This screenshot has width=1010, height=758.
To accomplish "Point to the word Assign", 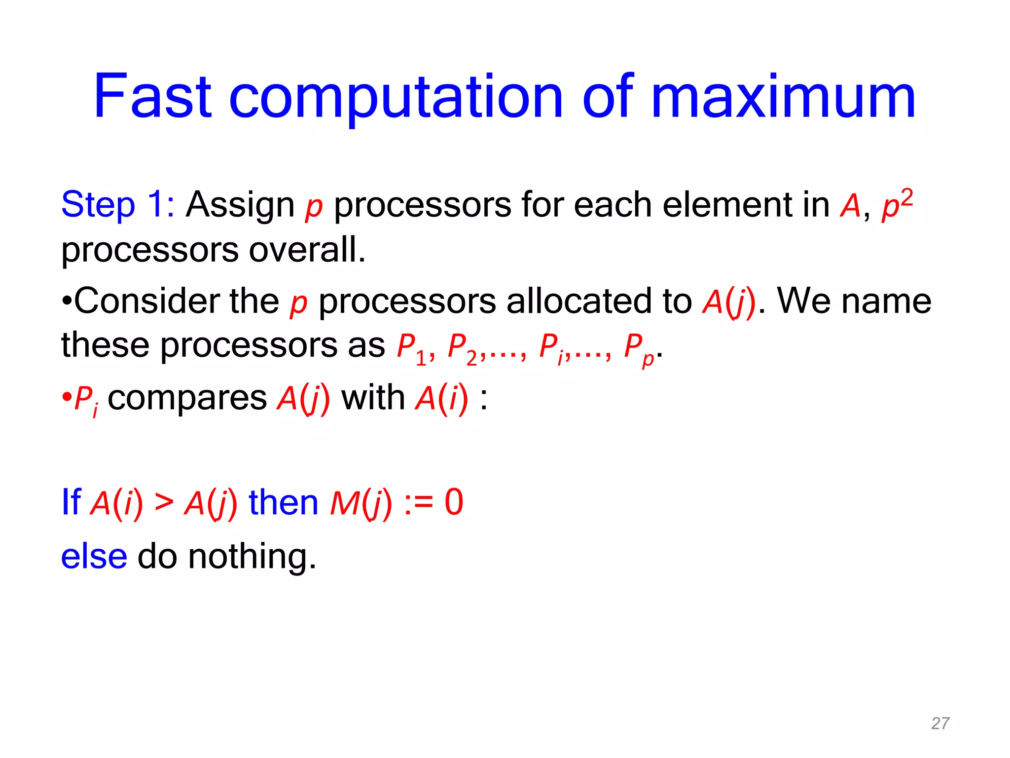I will click(x=240, y=205).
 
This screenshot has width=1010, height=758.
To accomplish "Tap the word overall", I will click(x=307, y=250).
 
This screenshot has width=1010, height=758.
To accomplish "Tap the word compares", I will click(x=187, y=399).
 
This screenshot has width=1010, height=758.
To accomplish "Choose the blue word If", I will click(x=71, y=502).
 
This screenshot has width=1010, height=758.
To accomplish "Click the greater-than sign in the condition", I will click(x=164, y=502).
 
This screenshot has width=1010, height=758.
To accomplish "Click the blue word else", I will click(x=94, y=557).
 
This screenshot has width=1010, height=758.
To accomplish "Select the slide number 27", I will click(x=939, y=723).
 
